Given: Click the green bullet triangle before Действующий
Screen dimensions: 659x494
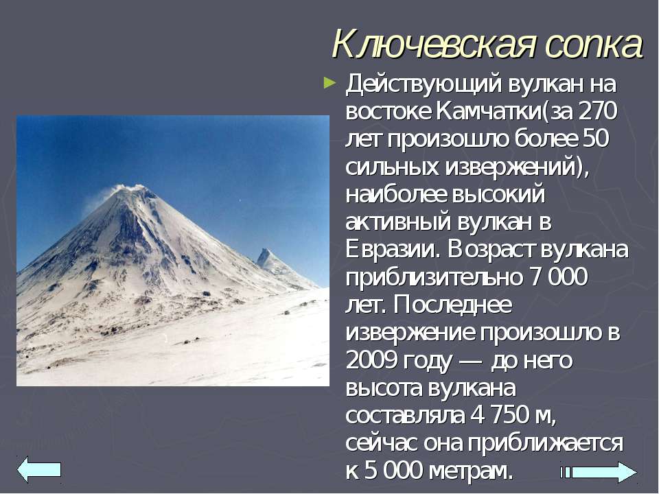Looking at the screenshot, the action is [330, 82].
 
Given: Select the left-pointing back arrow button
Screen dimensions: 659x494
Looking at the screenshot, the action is [39, 469].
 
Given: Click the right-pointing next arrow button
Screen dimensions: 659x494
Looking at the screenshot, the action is [599, 472].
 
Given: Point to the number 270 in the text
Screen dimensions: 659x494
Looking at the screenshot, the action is [598, 111].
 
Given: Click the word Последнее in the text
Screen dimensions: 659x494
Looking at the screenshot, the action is [453, 305].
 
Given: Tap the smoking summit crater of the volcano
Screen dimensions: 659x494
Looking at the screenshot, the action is [130, 188].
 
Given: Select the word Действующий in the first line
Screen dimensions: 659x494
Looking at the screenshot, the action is [424, 84].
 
